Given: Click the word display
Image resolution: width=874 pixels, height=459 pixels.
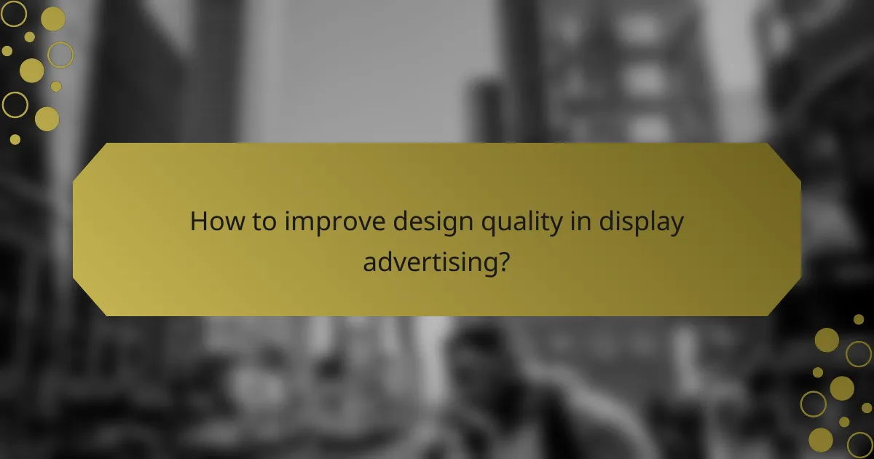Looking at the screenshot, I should (x=641, y=222).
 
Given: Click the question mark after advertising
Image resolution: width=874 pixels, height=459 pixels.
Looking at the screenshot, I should (x=503, y=260).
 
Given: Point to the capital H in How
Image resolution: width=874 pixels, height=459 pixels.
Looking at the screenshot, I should (x=198, y=222).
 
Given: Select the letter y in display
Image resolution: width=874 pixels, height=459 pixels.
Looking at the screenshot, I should (x=677, y=225).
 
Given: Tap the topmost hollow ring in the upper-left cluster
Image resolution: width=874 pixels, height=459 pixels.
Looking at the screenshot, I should (x=13, y=13).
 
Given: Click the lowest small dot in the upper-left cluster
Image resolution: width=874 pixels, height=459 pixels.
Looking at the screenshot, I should (x=15, y=138).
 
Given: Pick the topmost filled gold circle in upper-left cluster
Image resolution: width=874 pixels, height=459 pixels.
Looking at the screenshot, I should (x=52, y=18).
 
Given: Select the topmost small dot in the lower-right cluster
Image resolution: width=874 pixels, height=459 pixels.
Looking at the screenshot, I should (x=859, y=319).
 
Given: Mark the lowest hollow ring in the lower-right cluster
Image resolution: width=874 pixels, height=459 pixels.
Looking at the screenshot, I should (x=859, y=444).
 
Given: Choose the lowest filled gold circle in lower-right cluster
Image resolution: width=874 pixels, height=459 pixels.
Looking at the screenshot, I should (x=821, y=439).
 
